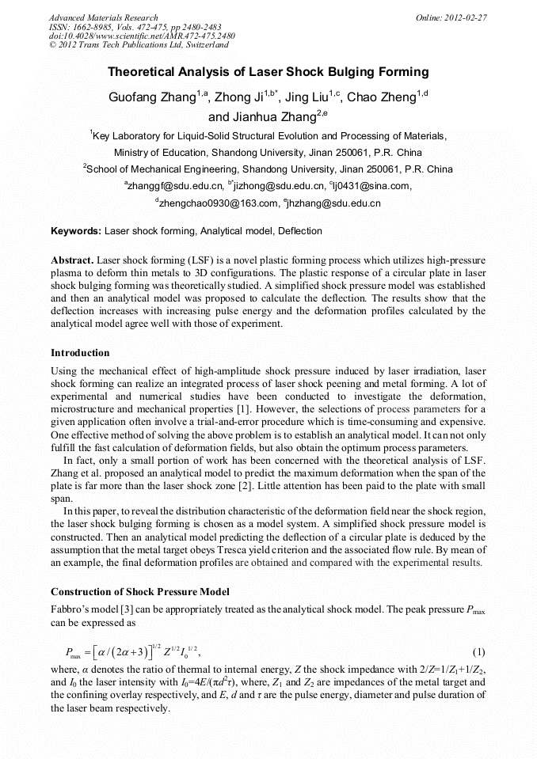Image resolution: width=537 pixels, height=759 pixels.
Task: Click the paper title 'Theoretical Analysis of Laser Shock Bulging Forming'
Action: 268,72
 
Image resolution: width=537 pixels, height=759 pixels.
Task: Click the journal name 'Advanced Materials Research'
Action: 103,17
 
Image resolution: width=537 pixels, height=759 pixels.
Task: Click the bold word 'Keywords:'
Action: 76,231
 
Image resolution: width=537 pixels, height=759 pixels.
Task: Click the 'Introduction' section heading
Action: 80,352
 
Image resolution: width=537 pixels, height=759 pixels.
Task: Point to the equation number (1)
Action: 478,651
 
